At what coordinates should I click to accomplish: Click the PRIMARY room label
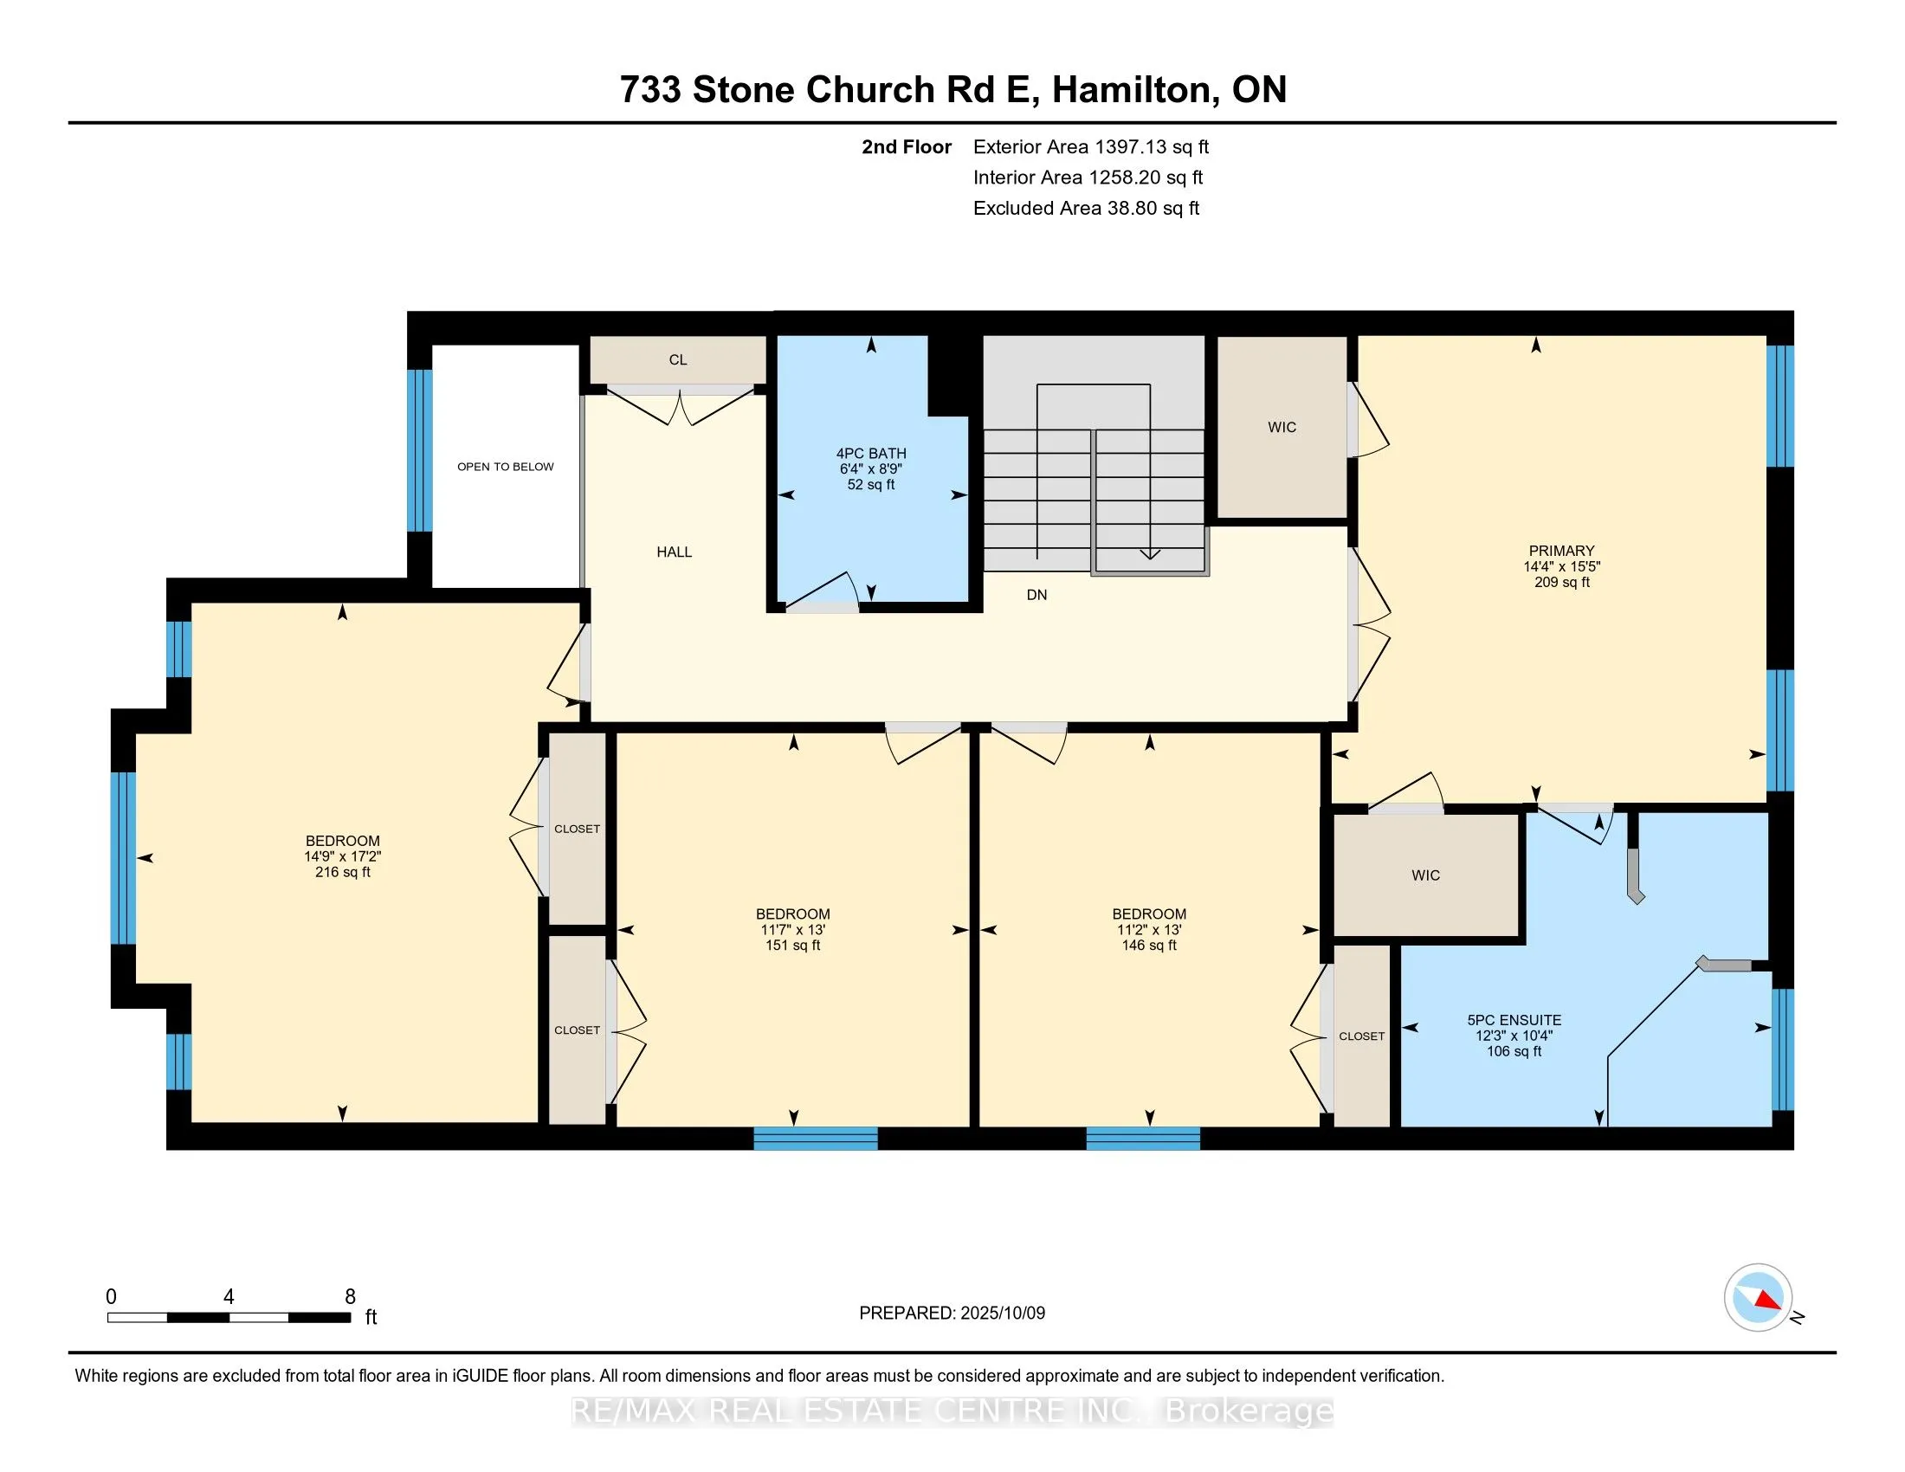click(x=1561, y=551)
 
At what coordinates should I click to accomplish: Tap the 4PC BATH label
click(x=871, y=454)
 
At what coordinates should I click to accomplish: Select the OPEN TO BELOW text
click(x=506, y=467)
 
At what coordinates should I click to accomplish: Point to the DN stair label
click(x=1037, y=595)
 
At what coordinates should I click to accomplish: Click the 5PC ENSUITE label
click(x=1514, y=1020)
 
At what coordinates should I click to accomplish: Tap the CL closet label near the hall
click(x=678, y=359)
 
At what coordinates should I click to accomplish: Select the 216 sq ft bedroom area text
click(x=343, y=872)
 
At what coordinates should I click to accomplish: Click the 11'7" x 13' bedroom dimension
click(x=793, y=930)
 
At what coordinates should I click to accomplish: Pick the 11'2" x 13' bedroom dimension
click(x=1149, y=930)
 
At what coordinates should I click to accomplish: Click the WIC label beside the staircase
click(x=1282, y=427)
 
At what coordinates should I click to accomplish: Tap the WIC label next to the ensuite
click(x=1426, y=875)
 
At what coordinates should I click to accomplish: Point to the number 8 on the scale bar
click(x=350, y=1297)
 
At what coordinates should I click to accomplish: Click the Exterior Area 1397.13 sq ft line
click(x=1091, y=146)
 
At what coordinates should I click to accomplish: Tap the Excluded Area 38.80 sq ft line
click(x=1087, y=208)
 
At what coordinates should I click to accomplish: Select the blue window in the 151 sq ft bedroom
click(x=816, y=1138)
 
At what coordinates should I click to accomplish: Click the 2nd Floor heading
click(x=907, y=146)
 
